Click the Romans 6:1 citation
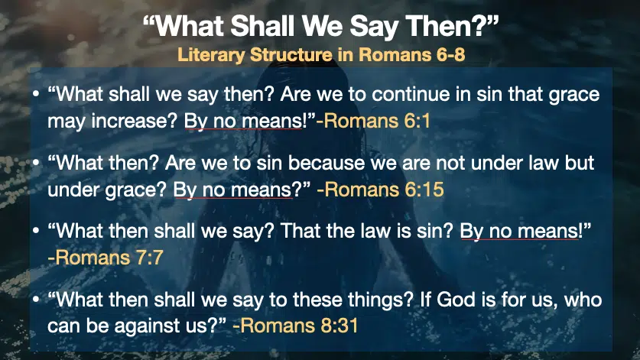(373, 121)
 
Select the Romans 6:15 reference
(381, 190)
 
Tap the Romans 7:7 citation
(106, 258)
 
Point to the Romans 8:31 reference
(295, 326)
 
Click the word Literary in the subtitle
(211, 55)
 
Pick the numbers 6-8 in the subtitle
(451, 55)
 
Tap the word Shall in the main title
(262, 26)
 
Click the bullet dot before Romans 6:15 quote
(37, 164)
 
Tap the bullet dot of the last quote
(37, 300)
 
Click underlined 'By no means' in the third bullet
(519, 232)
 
